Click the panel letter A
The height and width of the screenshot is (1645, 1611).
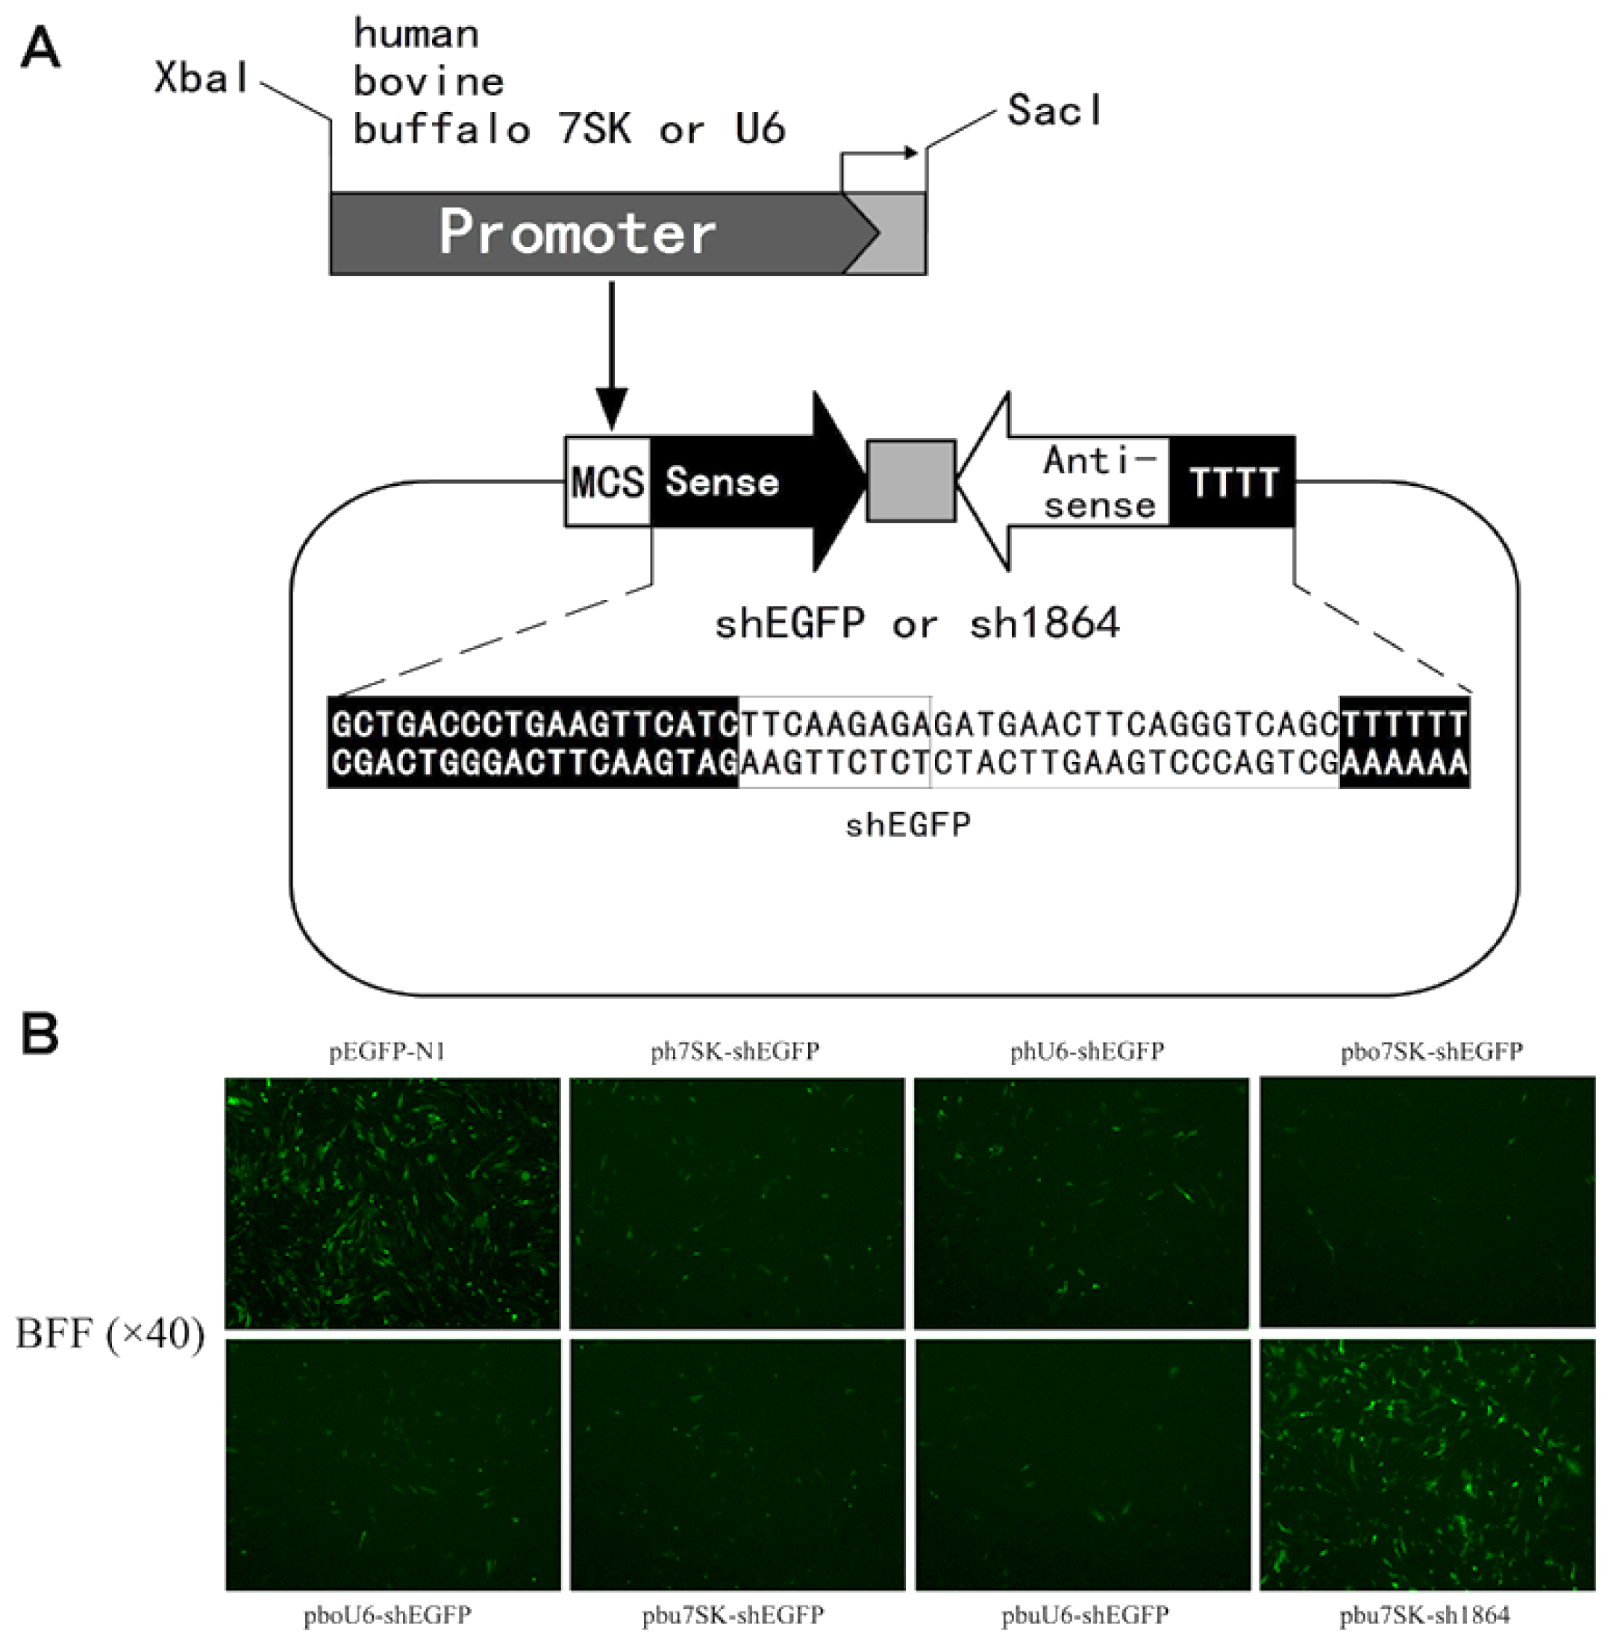coord(40,49)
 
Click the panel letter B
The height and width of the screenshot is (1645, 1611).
coord(40,1033)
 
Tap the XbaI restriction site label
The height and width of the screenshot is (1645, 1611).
coord(201,78)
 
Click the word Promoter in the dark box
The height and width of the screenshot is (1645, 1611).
coord(577,233)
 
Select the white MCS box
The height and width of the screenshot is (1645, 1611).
coord(607,482)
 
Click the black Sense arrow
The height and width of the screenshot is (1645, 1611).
coord(745,482)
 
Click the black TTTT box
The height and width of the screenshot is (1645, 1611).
coord(1233,482)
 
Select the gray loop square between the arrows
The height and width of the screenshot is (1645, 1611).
coord(911,481)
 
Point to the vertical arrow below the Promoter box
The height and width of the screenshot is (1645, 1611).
coord(612,355)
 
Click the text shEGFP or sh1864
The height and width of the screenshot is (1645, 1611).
coord(916,625)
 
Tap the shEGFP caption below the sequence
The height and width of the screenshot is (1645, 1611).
coord(908,823)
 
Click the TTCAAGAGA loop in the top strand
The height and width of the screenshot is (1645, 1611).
coord(834,723)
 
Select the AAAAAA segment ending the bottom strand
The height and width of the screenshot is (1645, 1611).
coord(1404,764)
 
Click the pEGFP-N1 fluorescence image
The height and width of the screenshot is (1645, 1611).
coord(392,1202)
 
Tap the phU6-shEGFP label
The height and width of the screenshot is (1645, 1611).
coord(1086,1051)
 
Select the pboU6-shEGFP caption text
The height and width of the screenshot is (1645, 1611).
coord(387,1614)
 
